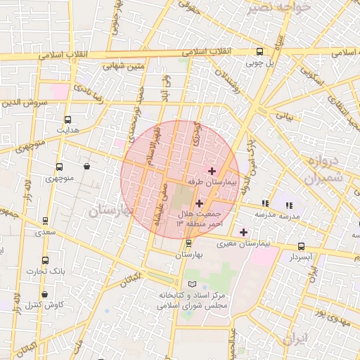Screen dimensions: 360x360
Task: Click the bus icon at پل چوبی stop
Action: pyautogui.click(x=259, y=51)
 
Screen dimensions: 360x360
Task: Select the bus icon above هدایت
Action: pyautogui.click(x=67, y=120)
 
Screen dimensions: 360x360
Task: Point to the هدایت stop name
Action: pyautogui.click(x=67, y=131)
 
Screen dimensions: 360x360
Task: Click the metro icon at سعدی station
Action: pyautogui.click(x=46, y=220)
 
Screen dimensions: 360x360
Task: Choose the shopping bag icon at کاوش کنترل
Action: pyautogui.click(x=46, y=294)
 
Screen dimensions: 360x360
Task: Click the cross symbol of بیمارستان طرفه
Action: pyautogui.click(x=212, y=170)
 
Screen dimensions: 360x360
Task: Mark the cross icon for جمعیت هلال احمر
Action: pyautogui.click(x=199, y=203)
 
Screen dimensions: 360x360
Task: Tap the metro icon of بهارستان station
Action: pyautogui.click(x=188, y=243)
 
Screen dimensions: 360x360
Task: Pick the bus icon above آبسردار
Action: pyautogui.click(x=302, y=246)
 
